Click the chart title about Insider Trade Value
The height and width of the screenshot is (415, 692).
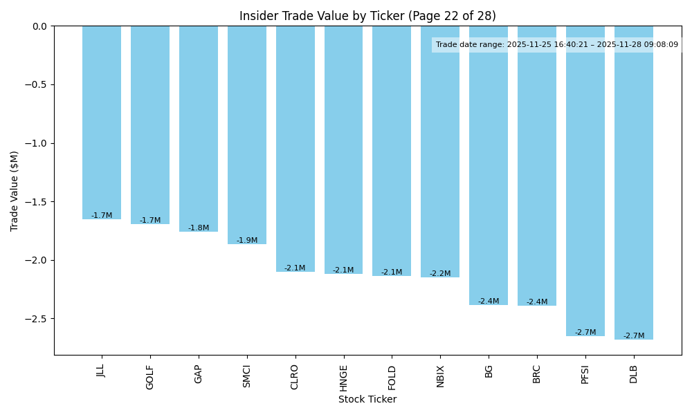367,16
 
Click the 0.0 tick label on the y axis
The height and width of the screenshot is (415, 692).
39,26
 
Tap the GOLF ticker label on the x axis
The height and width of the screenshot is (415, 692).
150,377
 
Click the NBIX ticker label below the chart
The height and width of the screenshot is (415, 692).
441,376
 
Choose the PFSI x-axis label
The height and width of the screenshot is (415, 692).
585,376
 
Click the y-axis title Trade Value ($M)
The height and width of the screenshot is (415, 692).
15,191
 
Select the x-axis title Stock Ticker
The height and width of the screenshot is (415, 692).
367,399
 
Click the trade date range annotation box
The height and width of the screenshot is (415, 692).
557,45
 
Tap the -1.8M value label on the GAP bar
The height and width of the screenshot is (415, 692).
199,228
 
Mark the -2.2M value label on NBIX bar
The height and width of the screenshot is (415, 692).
440,274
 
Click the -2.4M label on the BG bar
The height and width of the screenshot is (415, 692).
489,302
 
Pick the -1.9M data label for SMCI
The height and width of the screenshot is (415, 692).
247,241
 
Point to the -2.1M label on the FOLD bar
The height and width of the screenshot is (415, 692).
392,273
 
